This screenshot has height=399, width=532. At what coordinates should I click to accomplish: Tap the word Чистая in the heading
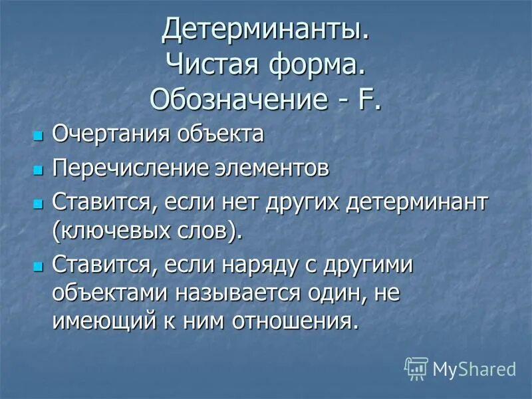pyautogui.click(x=208, y=65)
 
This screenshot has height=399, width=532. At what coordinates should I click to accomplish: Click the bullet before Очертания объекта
pyautogui.click(x=37, y=136)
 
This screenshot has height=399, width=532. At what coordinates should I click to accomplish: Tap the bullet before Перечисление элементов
pyautogui.click(x=37, y=170)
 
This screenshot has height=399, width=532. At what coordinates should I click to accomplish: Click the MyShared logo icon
pyautogui.click(x=416, y=368)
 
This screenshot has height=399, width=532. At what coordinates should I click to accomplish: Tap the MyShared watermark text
pyautogui.click(x=474, y=368)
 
